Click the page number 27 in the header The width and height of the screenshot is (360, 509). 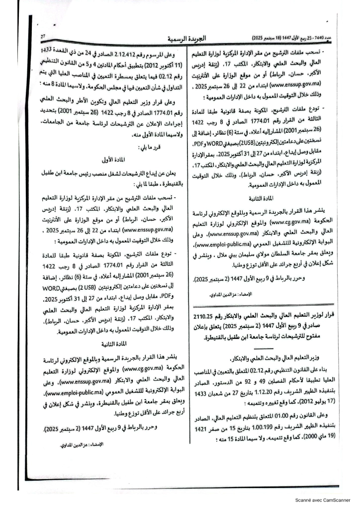point(43,36)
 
